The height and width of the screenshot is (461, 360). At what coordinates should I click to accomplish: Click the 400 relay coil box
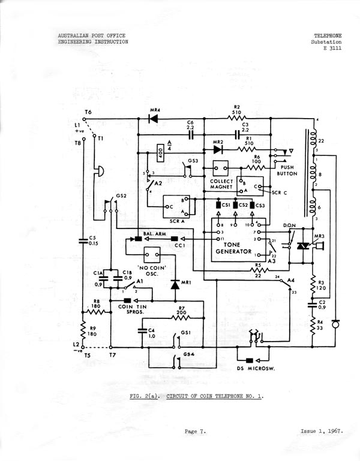coord(161,154)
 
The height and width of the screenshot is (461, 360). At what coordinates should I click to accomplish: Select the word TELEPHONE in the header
coord(328,36)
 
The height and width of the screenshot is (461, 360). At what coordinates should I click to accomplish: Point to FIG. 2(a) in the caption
coord(144,396)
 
